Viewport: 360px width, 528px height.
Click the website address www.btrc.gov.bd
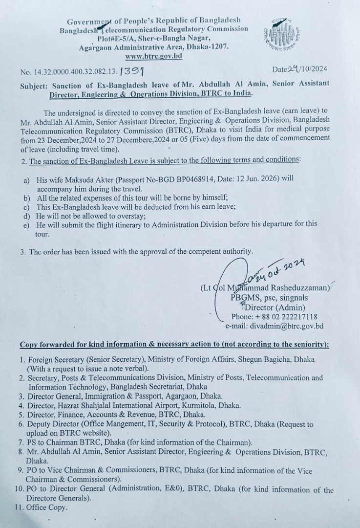coord(153,56)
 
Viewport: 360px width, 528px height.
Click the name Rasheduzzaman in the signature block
coord(303,288)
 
